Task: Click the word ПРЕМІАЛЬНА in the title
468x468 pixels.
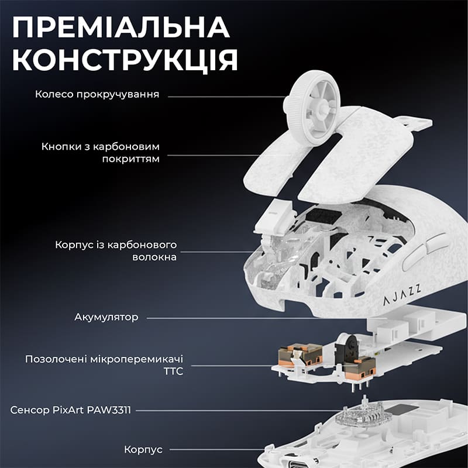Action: (121, 29)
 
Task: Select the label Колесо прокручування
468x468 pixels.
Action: (97, 94)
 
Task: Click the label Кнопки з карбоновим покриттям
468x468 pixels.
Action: (101, 152)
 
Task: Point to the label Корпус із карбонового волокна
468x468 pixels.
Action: (116, 250)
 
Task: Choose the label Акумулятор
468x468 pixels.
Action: (106, 318)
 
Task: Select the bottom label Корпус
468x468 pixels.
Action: (143, 450)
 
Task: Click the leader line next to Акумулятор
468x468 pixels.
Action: (234, 318)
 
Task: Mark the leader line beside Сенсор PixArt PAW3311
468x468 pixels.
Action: (234, 410)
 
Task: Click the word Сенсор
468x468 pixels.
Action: (29, 410)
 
